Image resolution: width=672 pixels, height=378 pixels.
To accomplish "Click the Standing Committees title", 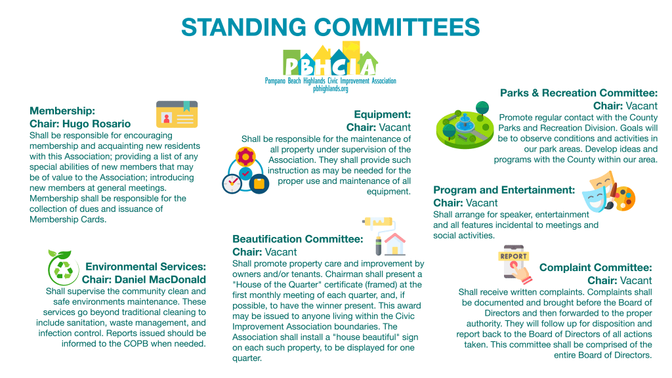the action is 331,27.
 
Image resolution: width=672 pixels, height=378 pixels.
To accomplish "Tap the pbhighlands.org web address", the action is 331,89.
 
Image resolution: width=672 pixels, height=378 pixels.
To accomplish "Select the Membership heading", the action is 62,111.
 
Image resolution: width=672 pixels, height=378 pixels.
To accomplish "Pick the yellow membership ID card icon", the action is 177,114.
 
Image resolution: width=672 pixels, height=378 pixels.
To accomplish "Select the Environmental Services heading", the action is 146,266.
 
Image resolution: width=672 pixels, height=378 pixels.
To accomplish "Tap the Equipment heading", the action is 383,114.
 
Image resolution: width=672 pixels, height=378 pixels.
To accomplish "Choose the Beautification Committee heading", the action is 298,239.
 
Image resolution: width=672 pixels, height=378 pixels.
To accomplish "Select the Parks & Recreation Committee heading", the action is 579,93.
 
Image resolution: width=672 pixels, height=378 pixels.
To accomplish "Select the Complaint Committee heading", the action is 596,268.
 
